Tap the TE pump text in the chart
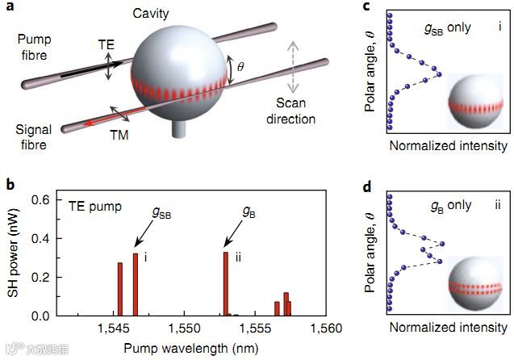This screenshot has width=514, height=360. [x=94, y=206]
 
